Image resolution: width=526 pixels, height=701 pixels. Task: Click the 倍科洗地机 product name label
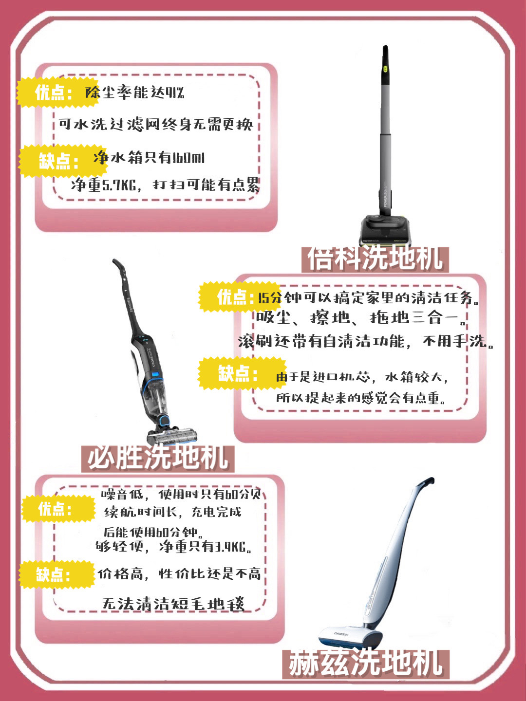click(x=375, y=258)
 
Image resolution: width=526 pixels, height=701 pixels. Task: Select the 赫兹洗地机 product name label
click(x=365, y=663)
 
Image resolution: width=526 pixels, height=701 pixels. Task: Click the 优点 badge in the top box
click(x=55, y=92)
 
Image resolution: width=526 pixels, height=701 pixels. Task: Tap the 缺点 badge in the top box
click(x=59, y=161)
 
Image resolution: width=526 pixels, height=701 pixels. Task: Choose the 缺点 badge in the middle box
click(x=239, y=374)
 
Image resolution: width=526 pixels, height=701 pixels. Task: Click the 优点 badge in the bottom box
click(x=56, y=509)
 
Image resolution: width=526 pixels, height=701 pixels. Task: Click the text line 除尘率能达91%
click(x=135, y=92)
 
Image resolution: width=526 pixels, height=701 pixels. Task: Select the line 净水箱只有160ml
click(x=149, y=158)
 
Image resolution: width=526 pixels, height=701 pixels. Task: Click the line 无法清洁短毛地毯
click(x=173, y=604)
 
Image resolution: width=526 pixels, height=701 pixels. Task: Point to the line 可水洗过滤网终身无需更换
click(x=156, y=124)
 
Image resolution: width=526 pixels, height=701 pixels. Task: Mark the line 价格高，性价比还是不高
click(x=179, y=574)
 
